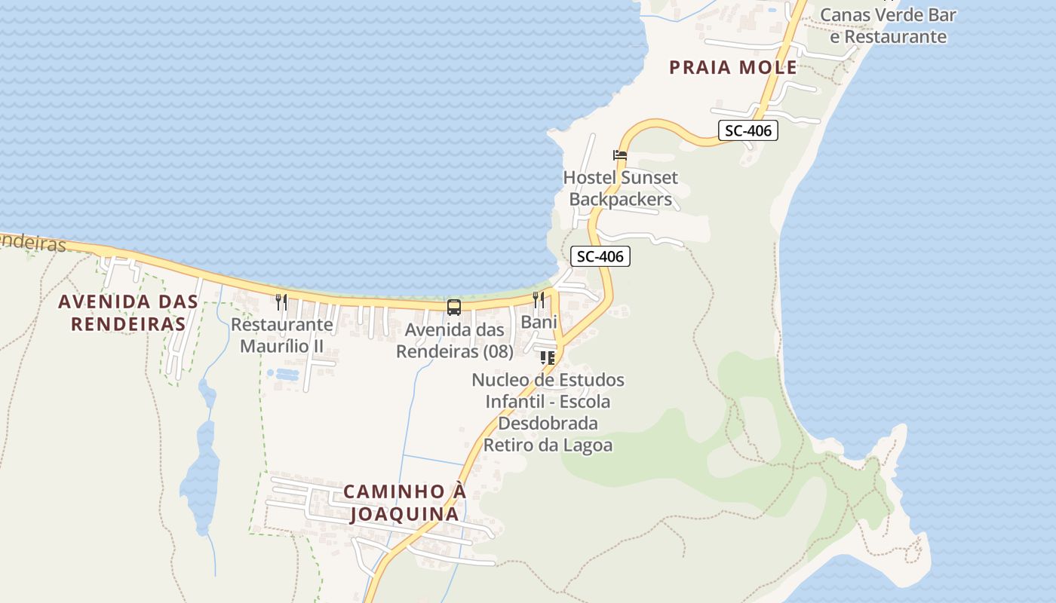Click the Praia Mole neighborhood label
point(733,67)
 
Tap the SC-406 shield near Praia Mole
point(747,130)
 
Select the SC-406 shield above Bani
point(600,256)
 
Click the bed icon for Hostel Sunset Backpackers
point(620,155)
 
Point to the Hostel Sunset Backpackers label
point(621,188)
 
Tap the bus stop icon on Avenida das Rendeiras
point(454,308)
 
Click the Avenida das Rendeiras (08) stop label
point(455,341)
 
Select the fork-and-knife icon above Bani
point(539,300)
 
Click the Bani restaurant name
point(539,322)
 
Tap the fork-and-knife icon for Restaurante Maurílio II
point(281,302)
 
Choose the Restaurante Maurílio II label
point(281,335)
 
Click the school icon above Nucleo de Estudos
point(548,357)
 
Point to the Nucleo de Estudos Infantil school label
point(548,412)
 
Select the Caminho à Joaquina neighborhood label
point(404,503)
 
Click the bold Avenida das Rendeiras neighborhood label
point(128,313)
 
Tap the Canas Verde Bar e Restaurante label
point(888,26)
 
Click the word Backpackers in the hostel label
point(621,200)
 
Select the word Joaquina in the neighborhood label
point(404,514)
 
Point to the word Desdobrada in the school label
point(548,424)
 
